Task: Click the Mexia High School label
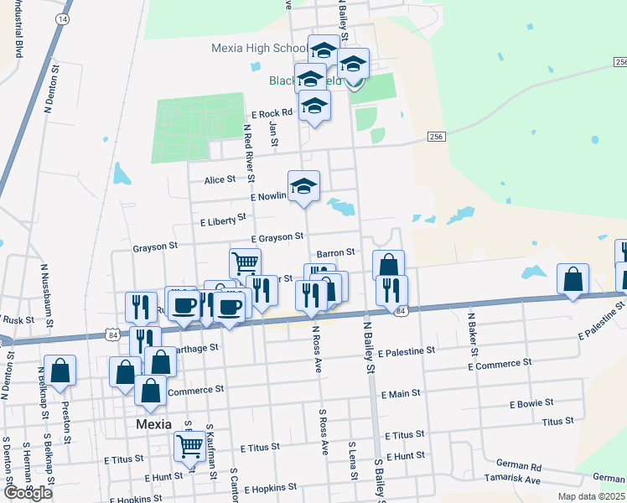coord(260,48)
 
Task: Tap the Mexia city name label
coord(154,425)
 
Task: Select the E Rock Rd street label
coord(272,113)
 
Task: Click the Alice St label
coord(220,179)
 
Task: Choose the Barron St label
coord(336,251)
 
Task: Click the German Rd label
coord(519,465)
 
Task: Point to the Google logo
coord(28,493)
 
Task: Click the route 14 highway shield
coord(61,18)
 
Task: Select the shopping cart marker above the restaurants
coord(245,262)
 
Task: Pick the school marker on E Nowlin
coord(303,185)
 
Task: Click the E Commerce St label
coord(500,366)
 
